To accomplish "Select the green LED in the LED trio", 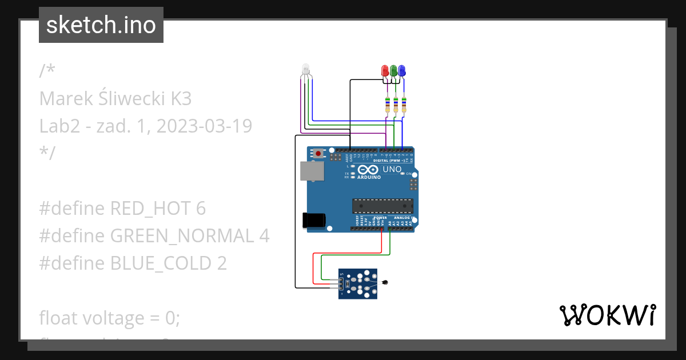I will click(x=393, y=70).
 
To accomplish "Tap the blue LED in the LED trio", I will click(x=402, y=70).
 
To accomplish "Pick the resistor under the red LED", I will click(x=388, y=105).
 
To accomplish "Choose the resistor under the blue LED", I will click(x=404, y=105).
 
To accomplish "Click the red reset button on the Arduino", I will click(x=318, y=153).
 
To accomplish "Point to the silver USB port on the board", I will click(x=312, y=171).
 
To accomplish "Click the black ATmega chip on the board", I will click(x=382, y=205).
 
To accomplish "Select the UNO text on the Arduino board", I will click(x=392, y=169).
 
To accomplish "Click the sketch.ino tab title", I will click(x=101, y=25).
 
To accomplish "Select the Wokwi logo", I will click(x=607, y=315).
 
